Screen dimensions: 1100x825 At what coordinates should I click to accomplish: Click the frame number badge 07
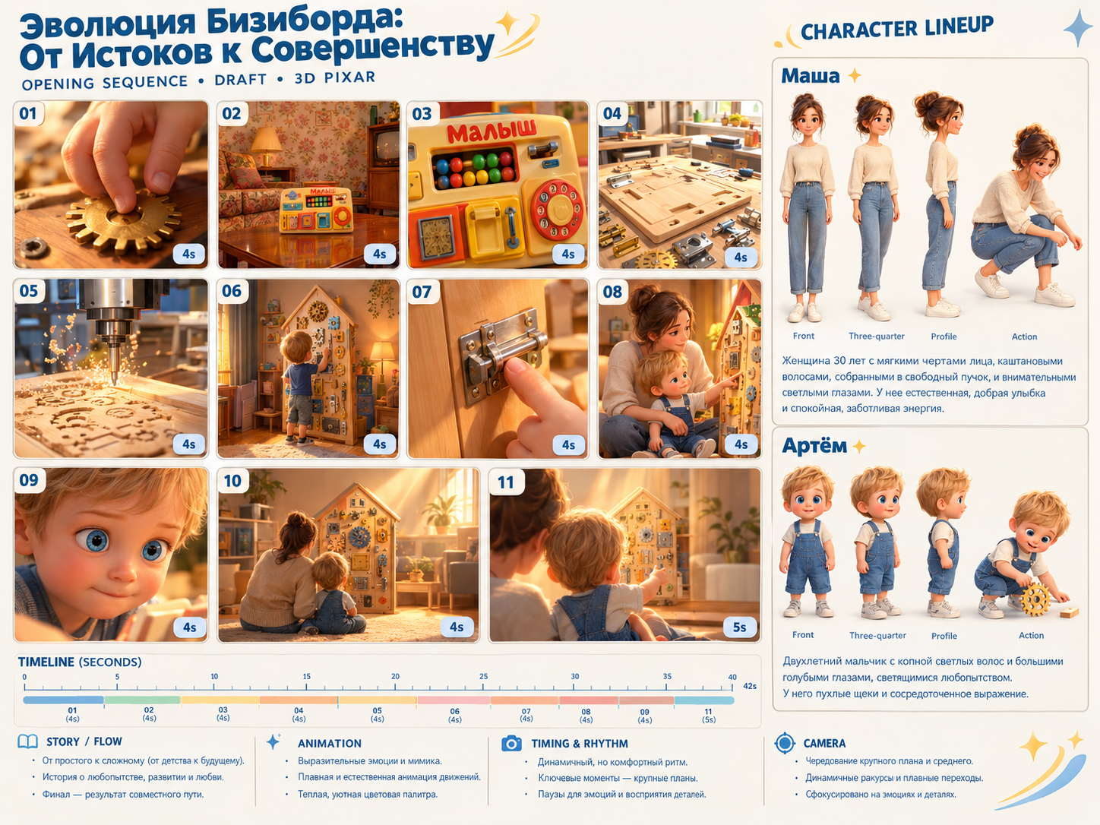coord(422,292)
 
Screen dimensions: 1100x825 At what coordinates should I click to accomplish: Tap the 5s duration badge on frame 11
coord(740,627)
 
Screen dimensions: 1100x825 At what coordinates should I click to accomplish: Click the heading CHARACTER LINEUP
coord(896,29)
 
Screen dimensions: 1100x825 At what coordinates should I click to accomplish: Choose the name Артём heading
coord(814,445)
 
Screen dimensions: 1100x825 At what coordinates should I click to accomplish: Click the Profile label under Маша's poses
coord(944,337)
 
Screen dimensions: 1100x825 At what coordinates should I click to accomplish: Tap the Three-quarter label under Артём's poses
coord(877,636)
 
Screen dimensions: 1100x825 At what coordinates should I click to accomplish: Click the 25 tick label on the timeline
coord(484,676)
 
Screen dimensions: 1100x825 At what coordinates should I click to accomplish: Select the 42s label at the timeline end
coord(750,686)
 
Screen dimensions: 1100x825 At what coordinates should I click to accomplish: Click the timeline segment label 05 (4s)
coord(377,715)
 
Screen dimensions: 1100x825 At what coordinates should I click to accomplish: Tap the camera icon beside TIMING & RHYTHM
coord(512,744)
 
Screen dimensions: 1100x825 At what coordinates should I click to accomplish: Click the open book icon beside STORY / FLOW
coord(27,741)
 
